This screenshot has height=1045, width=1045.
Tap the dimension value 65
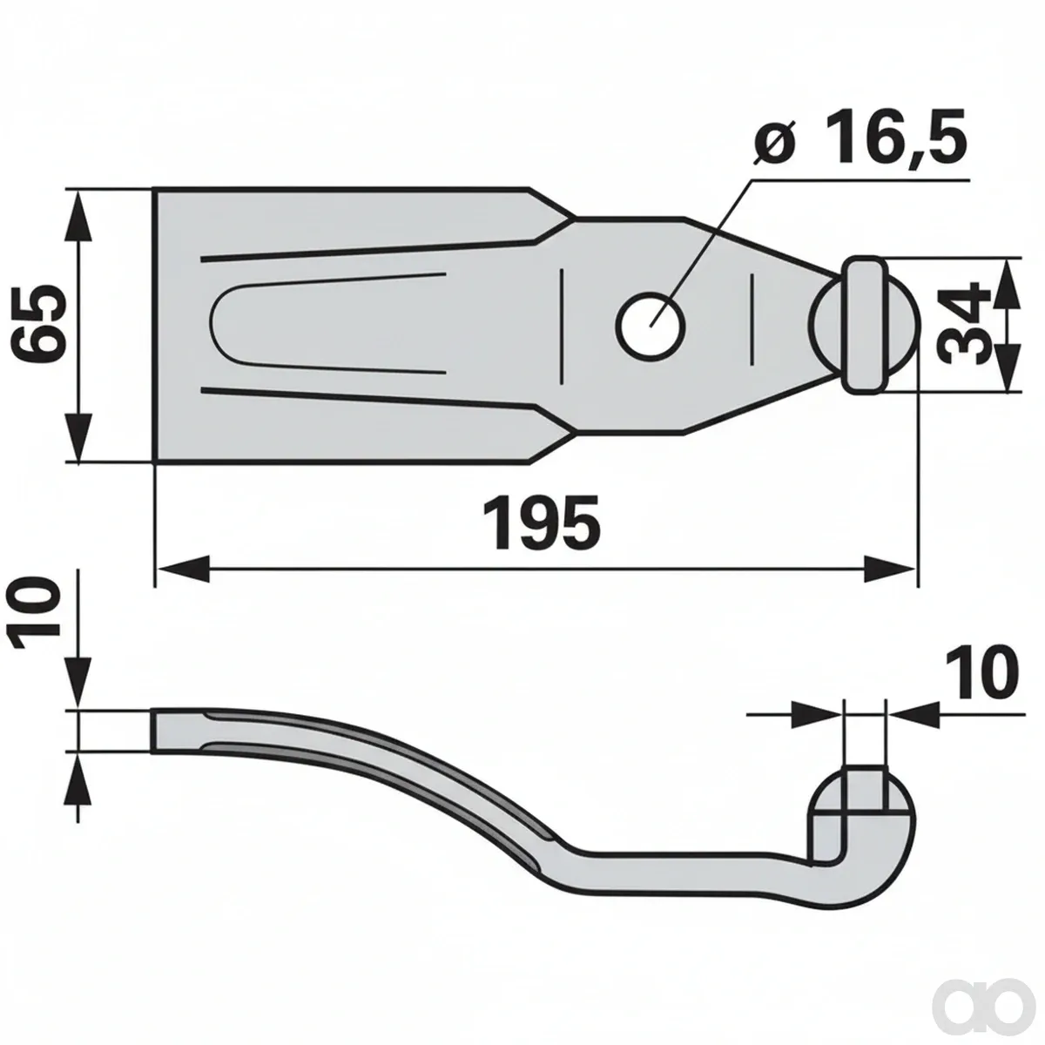click(39, 323)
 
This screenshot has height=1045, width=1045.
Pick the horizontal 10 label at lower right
click(981, 673)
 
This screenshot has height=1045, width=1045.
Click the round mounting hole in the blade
click(651, 326)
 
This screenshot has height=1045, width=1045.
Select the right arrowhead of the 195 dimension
click(890, 569)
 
